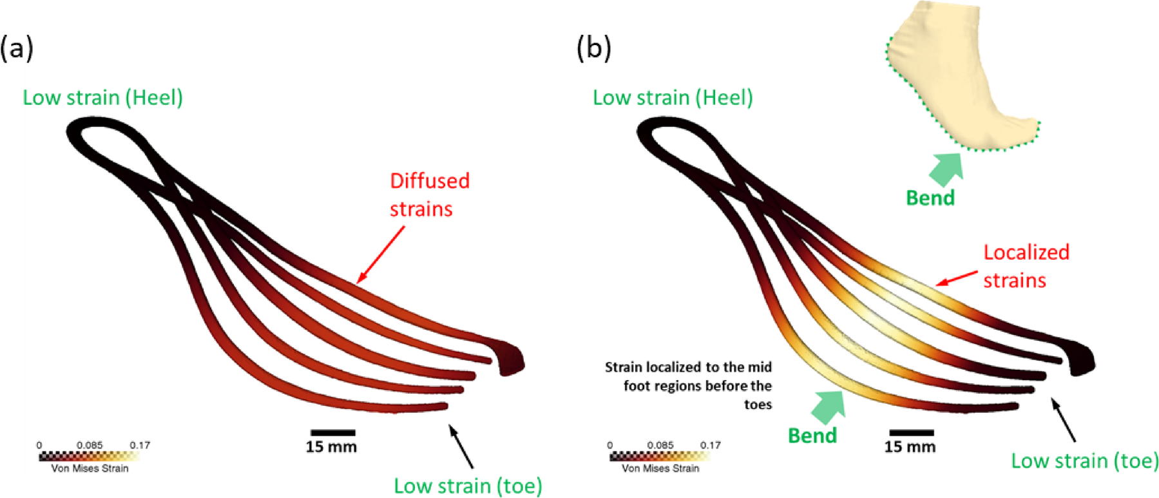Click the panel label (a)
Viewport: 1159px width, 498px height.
[x=17, y=49]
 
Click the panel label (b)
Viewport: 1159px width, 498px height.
[x=593, y=49]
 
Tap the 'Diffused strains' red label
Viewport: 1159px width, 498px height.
[x=429, y=194]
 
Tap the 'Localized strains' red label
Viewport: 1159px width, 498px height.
[x=1025, y=265]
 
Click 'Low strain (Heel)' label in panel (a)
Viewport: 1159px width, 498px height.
[x=103, y=97]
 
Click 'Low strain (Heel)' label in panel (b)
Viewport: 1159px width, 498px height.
[x=673, y=97]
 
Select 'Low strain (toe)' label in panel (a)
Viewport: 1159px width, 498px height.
[x=468, y=485]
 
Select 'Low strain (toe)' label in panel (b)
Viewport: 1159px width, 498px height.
[x=1085, y=460]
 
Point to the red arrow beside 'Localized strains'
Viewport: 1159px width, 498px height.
[x=957, y=278]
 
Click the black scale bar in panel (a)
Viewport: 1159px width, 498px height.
[x=332, y=432]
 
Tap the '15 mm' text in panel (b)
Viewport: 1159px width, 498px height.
[x=909, y=446]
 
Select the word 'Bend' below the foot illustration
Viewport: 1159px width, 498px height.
[x=930, y=198]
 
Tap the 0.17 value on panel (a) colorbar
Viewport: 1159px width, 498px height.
[x=140, y=445]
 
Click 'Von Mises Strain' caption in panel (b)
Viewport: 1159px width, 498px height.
[x=660, y=468]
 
